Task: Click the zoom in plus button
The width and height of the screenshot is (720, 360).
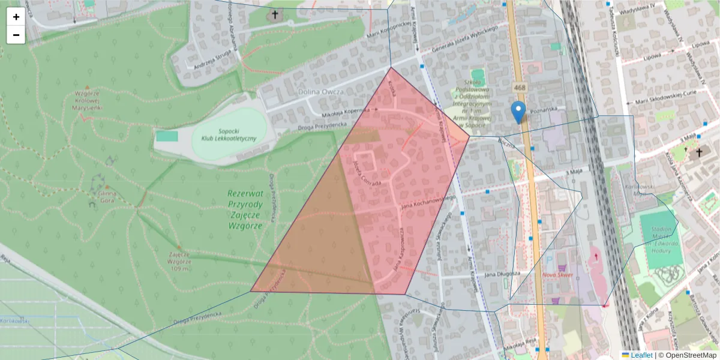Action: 16,17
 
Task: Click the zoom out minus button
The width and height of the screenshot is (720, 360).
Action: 16,35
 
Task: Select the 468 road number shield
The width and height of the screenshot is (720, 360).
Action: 520,88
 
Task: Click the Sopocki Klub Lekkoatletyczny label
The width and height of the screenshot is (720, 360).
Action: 229,134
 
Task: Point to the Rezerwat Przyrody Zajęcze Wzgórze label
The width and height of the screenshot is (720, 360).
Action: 245,209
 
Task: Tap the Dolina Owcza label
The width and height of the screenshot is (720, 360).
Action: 321,92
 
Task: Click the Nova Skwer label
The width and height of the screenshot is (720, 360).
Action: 558,275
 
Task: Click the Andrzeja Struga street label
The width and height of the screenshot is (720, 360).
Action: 208,64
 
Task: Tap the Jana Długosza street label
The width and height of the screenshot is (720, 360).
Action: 501,273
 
